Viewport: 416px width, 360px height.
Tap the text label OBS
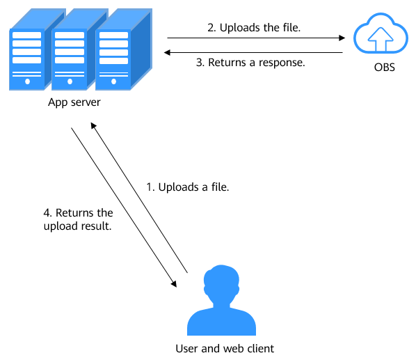tap(385, 68)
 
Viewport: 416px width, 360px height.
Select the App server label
tap(74, 102)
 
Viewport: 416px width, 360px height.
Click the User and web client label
tap(225, 348)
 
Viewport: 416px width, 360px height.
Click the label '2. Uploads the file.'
tap(254, 28)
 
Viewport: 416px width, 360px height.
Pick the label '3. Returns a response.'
tap(250, 63)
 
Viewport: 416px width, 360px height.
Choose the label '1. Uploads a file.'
tap(188, 187)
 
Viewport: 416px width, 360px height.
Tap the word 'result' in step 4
tap(96, 226)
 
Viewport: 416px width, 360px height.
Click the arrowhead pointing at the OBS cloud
tap(342, 38)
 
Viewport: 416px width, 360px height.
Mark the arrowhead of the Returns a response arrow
tap(167, 52)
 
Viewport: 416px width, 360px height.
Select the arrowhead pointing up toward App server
tap(93, 125)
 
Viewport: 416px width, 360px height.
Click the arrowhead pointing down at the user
tap(174, 284)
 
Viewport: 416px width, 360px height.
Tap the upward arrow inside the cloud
tap(381, 39)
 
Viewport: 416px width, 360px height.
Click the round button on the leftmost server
tap(27, 81)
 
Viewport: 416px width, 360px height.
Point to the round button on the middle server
tap(70, 81)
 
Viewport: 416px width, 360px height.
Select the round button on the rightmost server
tap(113, 81)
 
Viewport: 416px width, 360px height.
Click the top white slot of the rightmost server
tap(113, 36)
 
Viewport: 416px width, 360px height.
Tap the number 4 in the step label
tap(47, 213)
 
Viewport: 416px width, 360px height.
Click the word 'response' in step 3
tap(282, 63)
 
